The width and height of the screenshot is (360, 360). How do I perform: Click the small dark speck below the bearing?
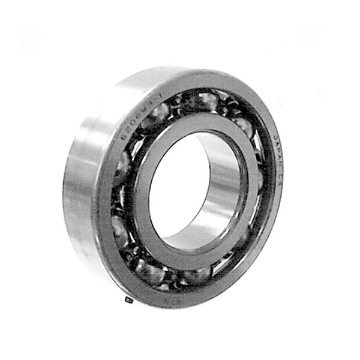click(127, 299)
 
